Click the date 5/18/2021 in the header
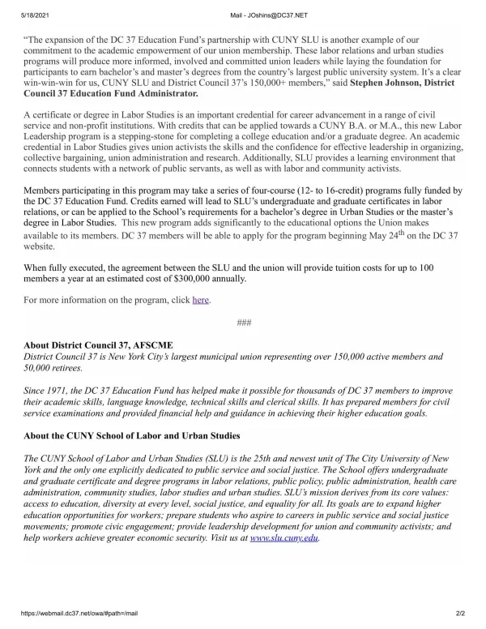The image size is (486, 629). point(19,7)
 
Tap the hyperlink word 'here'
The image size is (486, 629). point(200,300)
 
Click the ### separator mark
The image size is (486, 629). point(242,323)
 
